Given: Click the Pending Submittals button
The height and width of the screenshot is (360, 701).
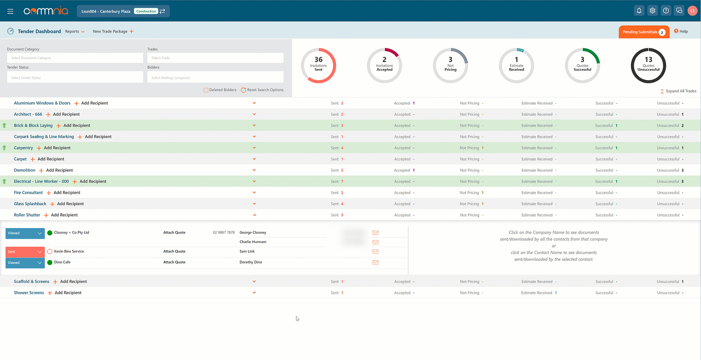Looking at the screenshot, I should tap(643, 32).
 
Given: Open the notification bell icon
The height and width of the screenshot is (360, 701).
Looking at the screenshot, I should tap(639, 11).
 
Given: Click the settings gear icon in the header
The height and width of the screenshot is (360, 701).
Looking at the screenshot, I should tap(652, 11).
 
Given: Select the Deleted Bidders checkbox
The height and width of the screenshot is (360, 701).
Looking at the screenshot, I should tap(206, 90).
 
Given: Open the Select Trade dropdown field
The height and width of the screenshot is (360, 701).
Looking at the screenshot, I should tap(215, 58).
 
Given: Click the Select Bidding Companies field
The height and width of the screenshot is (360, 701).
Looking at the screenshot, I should tap(215, 77).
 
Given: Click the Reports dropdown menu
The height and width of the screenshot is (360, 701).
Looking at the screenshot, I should tap(74, 31).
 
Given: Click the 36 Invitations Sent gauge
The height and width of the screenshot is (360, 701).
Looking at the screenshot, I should tap(318, 65).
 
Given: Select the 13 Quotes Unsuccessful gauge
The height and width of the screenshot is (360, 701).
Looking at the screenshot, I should tap(648, 65).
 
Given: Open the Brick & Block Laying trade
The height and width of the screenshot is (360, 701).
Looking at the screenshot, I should tap(33, 126).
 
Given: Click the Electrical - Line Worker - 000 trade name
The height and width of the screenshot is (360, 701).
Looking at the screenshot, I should tap(41, 181).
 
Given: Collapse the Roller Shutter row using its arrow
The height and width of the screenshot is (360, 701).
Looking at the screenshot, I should tap(254, 215).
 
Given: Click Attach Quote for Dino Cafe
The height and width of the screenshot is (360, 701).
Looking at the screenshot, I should tap(174, 262).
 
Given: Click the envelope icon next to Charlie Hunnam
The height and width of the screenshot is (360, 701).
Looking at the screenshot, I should tap(375, 242).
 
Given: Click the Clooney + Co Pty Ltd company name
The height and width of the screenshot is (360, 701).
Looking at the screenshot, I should tap(72, 233).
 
